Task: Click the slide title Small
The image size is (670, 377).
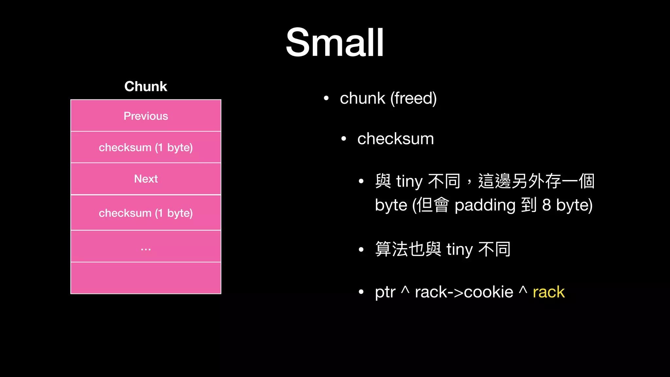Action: point(335,43)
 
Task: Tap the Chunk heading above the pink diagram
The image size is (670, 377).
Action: point(146,86)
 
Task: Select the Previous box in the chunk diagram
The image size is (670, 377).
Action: point(146,116)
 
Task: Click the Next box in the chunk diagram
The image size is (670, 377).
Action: point(146,179)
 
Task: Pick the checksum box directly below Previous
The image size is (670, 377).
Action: point(146,147)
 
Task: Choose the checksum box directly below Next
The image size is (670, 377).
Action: point(146,213)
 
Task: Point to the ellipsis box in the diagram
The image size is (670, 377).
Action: point(146,246)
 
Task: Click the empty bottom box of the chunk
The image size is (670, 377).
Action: point(146,278)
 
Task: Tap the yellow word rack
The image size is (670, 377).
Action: point(548,292)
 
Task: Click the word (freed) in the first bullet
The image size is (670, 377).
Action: point(414,98)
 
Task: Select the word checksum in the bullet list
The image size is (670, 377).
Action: point(396,139)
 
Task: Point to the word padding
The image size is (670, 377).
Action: point(485,205)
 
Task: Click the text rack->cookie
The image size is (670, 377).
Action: point(464,292)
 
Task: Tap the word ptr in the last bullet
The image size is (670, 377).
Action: point(385,292)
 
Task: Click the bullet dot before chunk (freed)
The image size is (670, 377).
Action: point(326,98)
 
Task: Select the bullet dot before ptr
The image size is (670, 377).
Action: point(361,292)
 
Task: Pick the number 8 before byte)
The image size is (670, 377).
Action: point(546,205)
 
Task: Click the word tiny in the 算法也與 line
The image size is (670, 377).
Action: point(460,249)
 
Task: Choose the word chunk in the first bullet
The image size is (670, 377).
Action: point(362,98)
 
